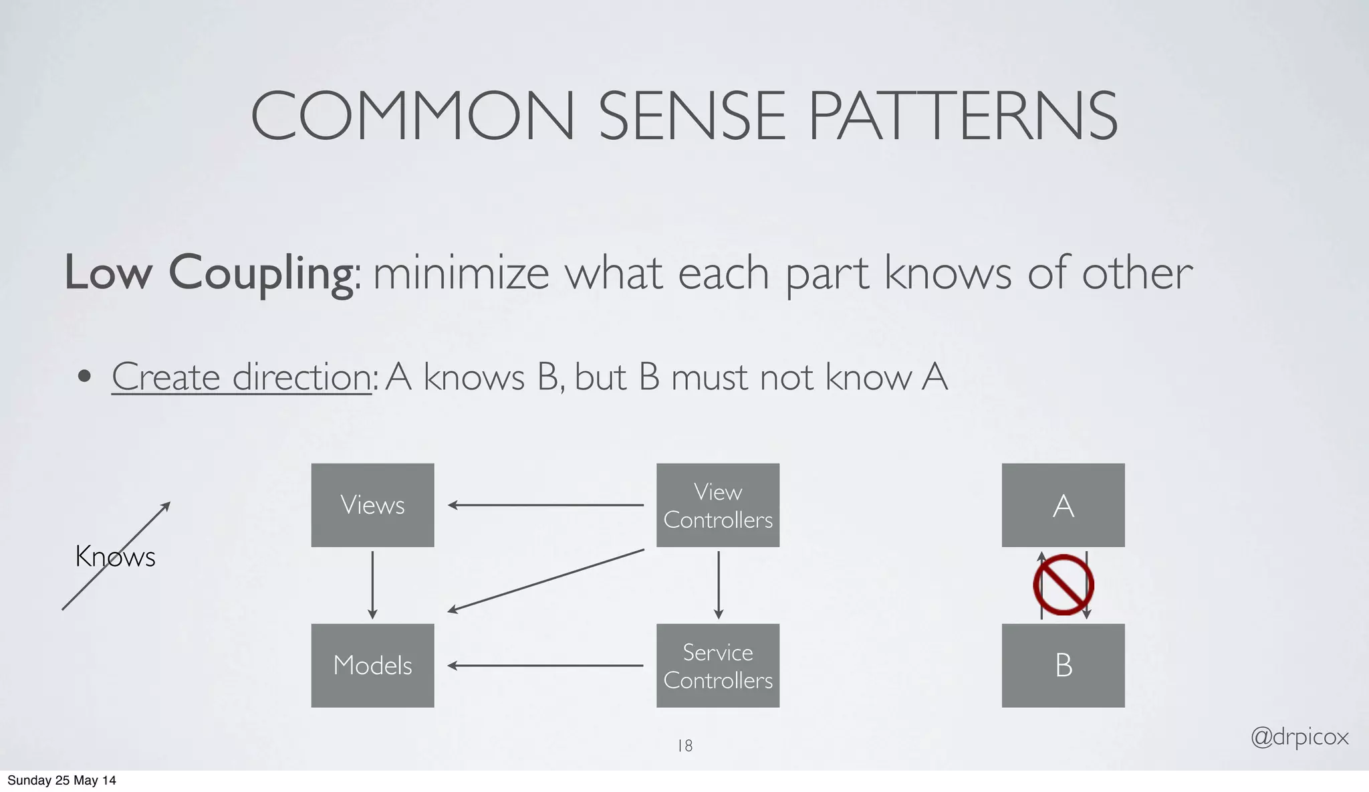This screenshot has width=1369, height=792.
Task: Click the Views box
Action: point(372,505)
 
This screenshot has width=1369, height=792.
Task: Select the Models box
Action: point(372,666)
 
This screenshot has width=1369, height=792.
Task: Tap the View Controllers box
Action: point(718,505)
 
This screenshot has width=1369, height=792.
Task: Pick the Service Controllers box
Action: point(718,666)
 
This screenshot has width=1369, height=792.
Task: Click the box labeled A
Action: point(1063,505)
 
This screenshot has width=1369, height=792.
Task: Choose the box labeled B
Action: point(1063,666)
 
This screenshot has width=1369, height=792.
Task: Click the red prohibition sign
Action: point(1063,585)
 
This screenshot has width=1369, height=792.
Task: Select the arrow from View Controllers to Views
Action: point(545,505)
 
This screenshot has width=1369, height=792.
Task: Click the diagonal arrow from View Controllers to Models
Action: point(545,581)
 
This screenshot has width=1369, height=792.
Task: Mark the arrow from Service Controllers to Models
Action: point(545,666)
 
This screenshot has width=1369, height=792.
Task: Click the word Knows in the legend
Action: point(115,557)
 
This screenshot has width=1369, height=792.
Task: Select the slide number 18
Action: point(685,745)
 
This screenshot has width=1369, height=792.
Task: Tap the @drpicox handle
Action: point(1299,737)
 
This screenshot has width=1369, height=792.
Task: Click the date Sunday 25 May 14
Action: point(61,781)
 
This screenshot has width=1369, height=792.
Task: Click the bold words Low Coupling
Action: point(209,273)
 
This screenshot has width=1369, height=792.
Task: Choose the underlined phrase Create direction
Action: point(241,377)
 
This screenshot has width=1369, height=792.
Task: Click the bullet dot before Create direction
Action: point(84,377)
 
